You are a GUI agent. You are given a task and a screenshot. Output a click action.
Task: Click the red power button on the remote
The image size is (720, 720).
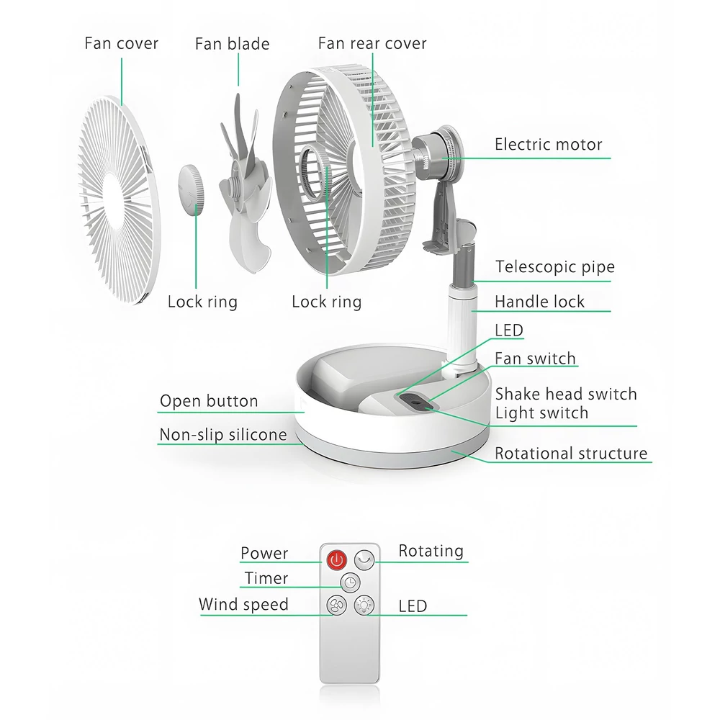pyautogui.click(x=336, y=559)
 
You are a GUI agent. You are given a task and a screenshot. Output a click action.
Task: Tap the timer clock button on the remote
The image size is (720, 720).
pyautogui.click(x=351, y=582)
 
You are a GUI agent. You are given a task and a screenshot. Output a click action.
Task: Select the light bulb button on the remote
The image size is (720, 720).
pyautogui.click(x=364, y=606)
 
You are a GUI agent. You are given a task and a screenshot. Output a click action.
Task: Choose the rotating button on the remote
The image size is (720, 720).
pyautogui.click(x=364, y=559)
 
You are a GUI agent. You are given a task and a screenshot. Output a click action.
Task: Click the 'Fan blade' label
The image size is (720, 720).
pyautogui.click(x=232, y=44)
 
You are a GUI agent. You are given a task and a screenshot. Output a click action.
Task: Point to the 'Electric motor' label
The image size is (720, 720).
pyautogui.click(x=548, y=145)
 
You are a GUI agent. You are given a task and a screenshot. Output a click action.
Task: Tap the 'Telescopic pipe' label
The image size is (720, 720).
pyautogui.click(x=554, y=267)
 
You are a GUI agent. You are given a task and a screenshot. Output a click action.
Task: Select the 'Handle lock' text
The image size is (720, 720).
pyautogui.click(x=539, y=302)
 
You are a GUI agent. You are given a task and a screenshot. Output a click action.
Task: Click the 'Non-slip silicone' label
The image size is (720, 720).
pyautogui.click(x=223, y=434)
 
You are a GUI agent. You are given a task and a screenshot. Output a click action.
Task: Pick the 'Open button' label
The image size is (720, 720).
pyautogui.click(x=209, y=401)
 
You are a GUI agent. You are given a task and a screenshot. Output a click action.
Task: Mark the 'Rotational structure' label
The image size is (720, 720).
pyautogui.click(x=571, y=453)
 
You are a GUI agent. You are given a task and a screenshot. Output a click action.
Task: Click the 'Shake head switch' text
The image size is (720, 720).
pyautogui.click(x=566, y=394)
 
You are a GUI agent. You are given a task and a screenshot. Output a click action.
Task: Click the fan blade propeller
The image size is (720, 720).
pyautogui.click(x=244, y=184)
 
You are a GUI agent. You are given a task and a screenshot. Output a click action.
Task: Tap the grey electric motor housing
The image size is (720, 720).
pyautogui.click(x=437, y=148)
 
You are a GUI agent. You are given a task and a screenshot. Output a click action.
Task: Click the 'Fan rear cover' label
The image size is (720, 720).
pyautogui.click(x=372, y=44)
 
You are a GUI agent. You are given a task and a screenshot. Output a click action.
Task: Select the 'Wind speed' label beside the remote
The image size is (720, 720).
pyautogui.click(x=244, y=605)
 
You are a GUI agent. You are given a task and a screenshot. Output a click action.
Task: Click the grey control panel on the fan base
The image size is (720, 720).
pyautogui.click(x=416, y=401)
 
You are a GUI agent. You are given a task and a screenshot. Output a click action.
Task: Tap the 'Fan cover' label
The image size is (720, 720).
pyautogui.click(x=121, y=44)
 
